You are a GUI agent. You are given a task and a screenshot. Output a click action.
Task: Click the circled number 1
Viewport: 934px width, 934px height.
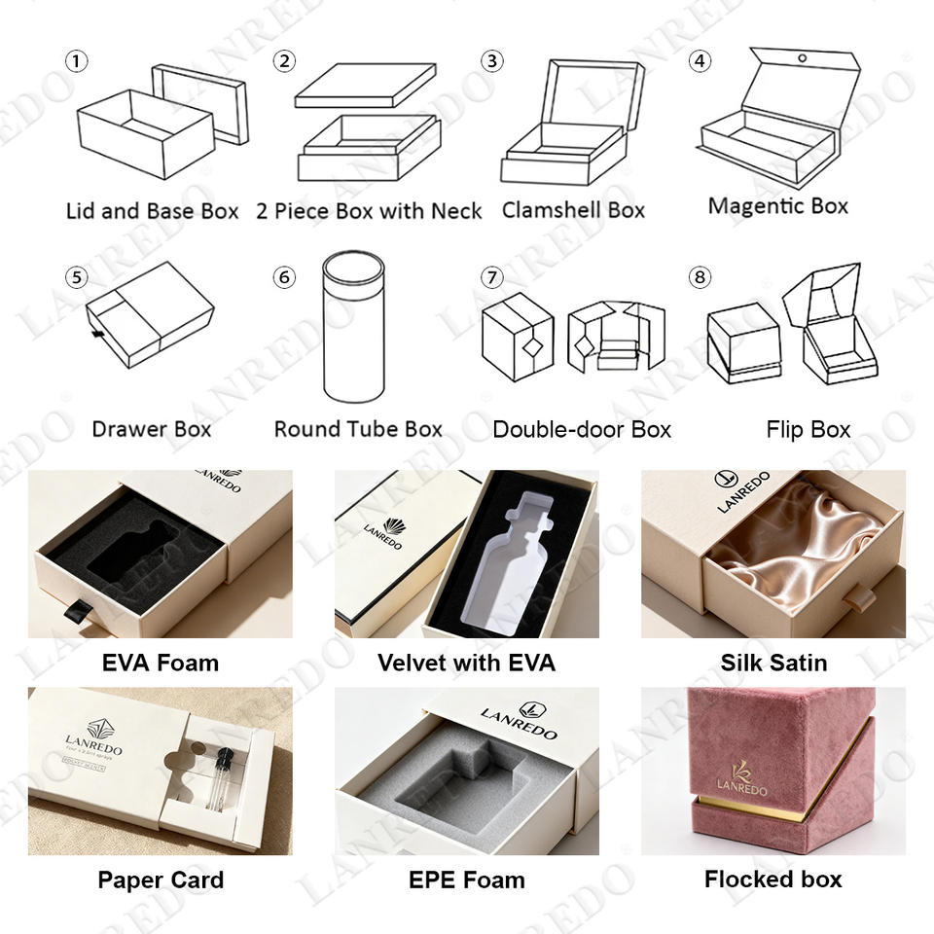(x=76, y=61)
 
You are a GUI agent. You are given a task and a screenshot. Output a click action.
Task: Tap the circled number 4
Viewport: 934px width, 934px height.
(x=699, y=61)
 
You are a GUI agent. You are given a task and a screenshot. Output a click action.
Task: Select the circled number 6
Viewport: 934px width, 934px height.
(x=284, y=278)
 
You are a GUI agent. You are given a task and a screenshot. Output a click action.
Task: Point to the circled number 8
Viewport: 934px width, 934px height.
(x=699, y=278)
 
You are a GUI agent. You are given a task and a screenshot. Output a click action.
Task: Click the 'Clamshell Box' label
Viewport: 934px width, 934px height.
(x=573, y=210)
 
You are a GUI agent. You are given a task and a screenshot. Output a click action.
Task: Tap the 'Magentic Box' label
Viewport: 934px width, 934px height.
(x=777, y=206)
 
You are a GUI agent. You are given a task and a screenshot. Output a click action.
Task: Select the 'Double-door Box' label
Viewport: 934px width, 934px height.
(x=582, y=429)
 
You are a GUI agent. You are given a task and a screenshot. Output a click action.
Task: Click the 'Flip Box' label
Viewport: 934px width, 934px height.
(x=808, y=429)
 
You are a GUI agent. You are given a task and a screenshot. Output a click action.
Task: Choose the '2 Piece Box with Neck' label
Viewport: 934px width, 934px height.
(x=369, y=210)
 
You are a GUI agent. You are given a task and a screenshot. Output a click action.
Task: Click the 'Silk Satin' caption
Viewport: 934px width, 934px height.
(x=773, y=663)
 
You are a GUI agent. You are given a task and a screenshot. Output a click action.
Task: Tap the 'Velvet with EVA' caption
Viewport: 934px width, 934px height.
(x=466, y=663)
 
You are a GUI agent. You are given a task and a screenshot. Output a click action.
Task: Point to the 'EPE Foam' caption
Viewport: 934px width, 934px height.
(x=466, y=880)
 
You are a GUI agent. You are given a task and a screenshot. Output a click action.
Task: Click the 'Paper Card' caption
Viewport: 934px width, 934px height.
(x=161, y=880)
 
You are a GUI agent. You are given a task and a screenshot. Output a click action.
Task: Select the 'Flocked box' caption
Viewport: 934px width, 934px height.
(x=773, y=880)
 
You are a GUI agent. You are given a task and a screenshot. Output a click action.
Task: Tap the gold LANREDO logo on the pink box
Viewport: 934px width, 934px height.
(x=742, y=777)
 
